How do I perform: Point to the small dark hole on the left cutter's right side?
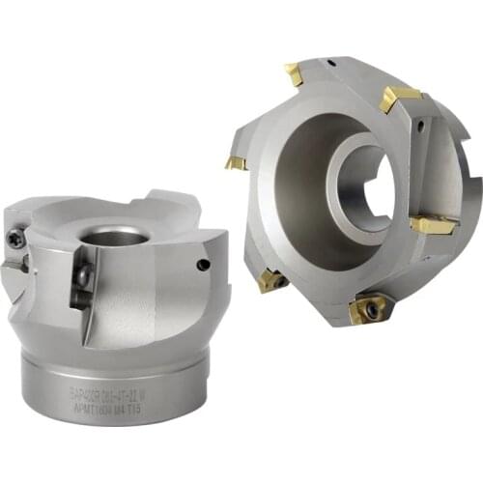(x=202, y=264)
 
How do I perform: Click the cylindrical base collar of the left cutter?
(x=111, y=382)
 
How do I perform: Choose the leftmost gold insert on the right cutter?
(x=237, y=162)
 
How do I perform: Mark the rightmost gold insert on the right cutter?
(x=432, y=225)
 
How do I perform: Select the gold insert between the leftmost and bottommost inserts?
(x=271, y=281)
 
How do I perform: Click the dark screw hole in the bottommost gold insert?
(x=369, y=311)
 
